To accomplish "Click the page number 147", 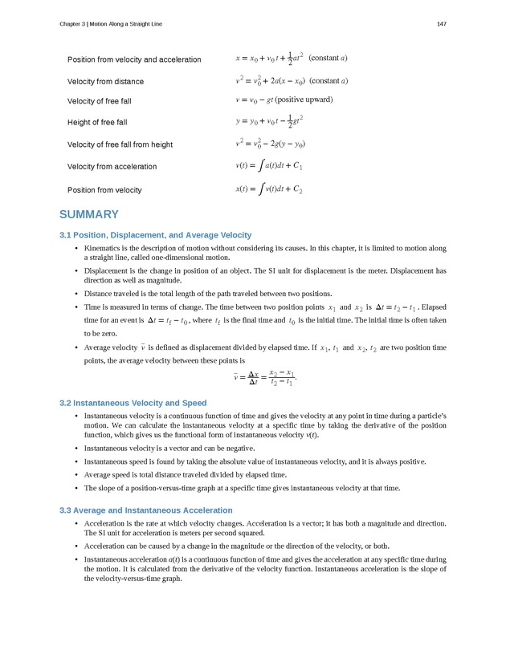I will pyautogui.click(x=441, y=24).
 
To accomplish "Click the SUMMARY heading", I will pyautogui.click(x=89, y=214).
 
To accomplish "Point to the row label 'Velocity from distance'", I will pyautogui.click(x=105, y=81).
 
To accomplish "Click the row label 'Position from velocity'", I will pyautogui.click(x=104, y=190).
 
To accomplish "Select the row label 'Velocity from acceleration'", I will pyautogui.click(x=112, y=167).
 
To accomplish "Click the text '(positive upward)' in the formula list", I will pyautogui.click(x=304, y=100).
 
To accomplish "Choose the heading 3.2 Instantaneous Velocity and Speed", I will pyautogui.click(x=133, y=403).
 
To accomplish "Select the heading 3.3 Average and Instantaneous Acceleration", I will pyautogui.click(x=145, y=510).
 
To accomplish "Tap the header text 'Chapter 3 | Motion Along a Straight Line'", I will pyautogui.click(x=111, y=24).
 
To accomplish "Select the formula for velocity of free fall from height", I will pyautogui.click(x=270, y=144).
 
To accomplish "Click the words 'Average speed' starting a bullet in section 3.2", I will pyautogui.click(x=108, y=475).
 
